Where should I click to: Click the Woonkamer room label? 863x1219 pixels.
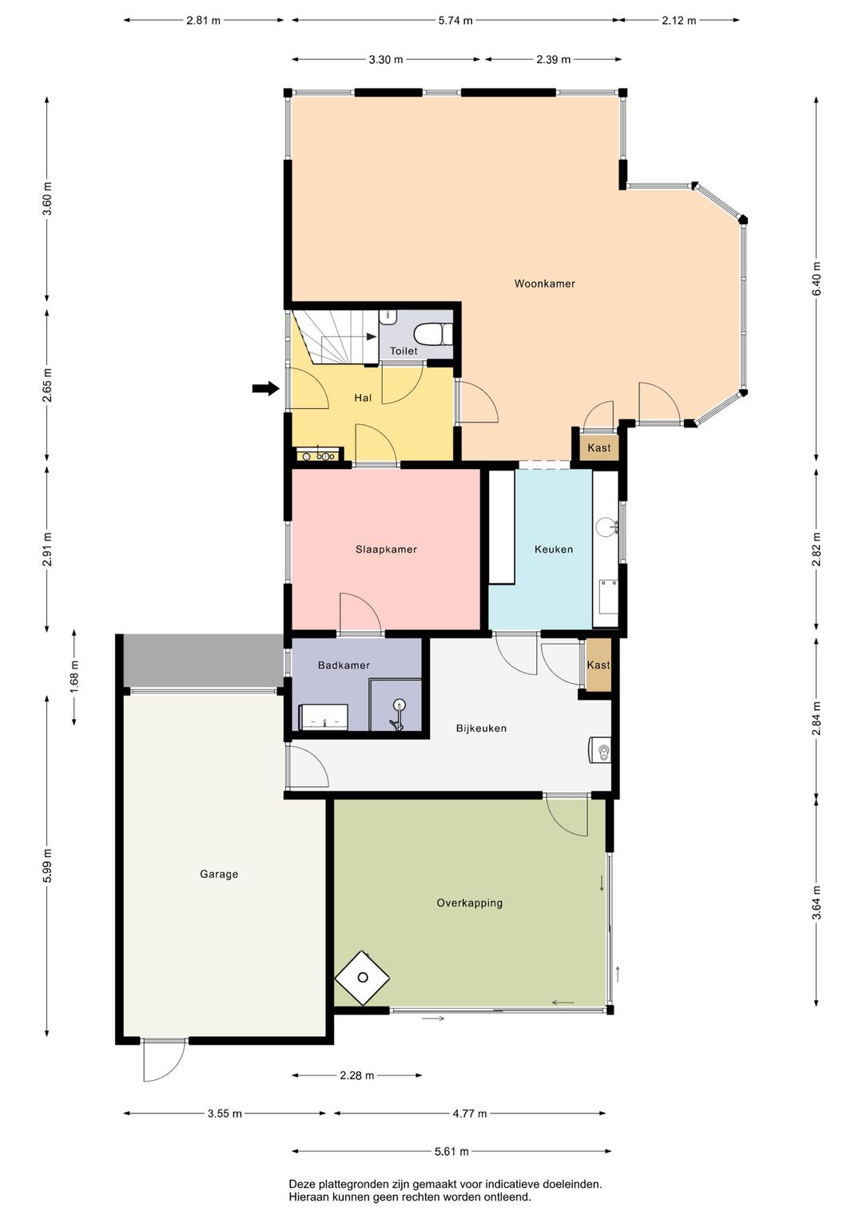pos(544,284)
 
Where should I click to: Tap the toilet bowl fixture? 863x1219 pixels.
pos(433,333)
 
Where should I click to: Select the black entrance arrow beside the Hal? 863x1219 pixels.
pos(265,388)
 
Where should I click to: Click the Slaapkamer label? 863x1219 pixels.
pos(386,549)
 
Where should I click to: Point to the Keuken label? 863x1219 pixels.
pos(554,549)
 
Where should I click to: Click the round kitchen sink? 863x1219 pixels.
pos(607,526)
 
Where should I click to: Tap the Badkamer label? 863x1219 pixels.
pos(344,665)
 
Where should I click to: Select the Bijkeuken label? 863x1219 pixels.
pos(481,729)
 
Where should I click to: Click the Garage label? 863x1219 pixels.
pos(219,874)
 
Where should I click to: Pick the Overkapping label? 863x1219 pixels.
pos(469,903)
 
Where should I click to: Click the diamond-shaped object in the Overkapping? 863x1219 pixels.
pos(362,978)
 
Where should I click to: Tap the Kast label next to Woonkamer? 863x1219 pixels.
pos(599,448)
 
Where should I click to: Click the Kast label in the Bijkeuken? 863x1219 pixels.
pos(599,665)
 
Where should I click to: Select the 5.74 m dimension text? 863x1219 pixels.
pos(455,21)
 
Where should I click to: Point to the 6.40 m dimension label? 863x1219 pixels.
pos(816,279)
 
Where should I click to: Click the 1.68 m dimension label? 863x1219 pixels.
pos(74,677)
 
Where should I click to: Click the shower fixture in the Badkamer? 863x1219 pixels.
pos(397,715)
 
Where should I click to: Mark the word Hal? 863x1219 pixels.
pos(363,398)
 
